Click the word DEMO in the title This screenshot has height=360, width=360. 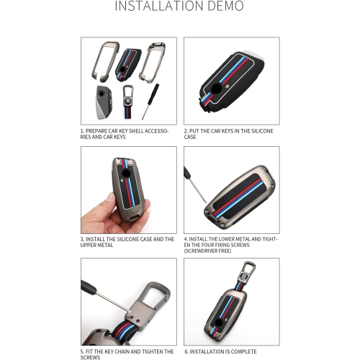(225, 6)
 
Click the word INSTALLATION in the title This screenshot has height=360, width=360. (159, 6)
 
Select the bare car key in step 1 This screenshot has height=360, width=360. (104, 102)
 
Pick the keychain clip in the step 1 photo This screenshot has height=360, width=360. (128, 102)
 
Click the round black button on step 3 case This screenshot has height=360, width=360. (126, 174)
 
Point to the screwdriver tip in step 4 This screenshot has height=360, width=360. (206, 202)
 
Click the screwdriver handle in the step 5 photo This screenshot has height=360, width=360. (88, 287)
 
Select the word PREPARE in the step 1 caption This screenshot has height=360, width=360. (96, 131)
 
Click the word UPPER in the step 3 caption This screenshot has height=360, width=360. (88, 245)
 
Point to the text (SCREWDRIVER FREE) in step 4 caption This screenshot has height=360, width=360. (207, 251)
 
